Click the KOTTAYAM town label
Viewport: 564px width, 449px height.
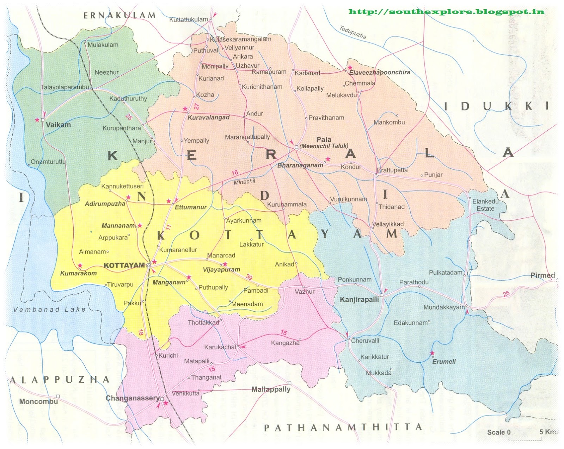tap(124, 265)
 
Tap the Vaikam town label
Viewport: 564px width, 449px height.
tap(58, 125)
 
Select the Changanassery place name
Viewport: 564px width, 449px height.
tap(133, 398)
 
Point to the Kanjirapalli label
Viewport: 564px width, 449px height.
tap(359, 300)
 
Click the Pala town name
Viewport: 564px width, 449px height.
tap(324, 140)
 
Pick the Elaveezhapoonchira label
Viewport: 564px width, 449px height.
tap(379, 72)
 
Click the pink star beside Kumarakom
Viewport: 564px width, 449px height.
tap(80, 265)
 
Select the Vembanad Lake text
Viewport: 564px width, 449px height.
tap(49, 310)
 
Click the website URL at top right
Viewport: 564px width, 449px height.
tap(446, 12)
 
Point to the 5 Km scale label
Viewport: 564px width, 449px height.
tap(547, 432)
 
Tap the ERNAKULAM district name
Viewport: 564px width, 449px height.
tap(119, 15)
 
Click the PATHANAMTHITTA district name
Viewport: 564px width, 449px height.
tap(343, 428)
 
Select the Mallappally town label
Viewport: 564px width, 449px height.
tap(271, 389)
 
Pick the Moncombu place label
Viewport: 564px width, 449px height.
tap(38, 401)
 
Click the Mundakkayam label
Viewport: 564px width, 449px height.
tap(444, 307)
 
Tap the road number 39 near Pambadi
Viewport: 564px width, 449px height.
tap(249, 277)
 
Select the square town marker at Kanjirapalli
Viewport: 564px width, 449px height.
tap(381, 295)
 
